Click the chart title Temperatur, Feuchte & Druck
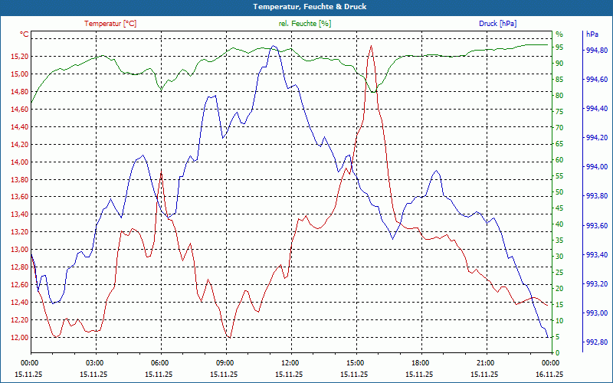coord(306,6)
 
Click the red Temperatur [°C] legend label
coord(110,24)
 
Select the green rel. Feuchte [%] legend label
coord(305,24)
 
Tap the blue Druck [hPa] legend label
coord(497,24)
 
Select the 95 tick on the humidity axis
coord(559,47)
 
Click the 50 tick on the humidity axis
coord(559,192)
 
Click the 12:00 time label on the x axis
coord(290,362)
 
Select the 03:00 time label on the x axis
coord(95,362)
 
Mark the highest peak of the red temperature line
coord(371,46)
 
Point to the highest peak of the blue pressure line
coord(273,47)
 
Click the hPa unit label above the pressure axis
coord(592,34)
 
